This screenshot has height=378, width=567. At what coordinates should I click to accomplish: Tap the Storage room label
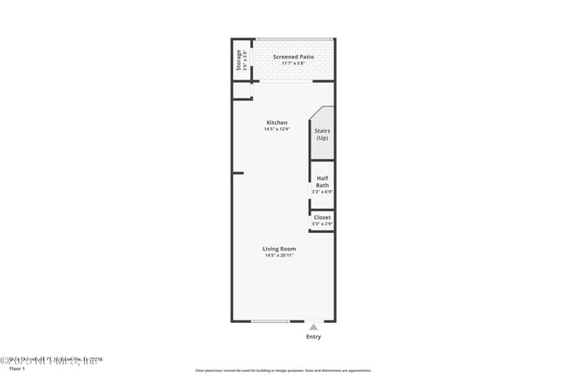pos(238,60)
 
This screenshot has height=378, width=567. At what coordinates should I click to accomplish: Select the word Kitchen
pos(277,122)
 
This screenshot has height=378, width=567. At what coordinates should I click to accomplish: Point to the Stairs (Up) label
pos(322,134)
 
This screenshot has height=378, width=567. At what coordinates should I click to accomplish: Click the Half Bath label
pos(322,181)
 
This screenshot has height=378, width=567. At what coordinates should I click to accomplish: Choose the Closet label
pos(322,217)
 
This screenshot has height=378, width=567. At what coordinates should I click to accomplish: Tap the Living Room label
pos(279,249)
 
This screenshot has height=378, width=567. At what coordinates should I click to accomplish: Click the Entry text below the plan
pos(313,336)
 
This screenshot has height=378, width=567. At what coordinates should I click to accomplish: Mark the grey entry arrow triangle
pos(313,326)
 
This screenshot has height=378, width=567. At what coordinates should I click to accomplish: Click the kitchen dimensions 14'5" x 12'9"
pos(277,129)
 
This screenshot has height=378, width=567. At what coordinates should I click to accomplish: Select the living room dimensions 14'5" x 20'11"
pos(279,256)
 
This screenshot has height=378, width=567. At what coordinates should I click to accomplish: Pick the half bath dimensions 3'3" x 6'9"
pos(322,192)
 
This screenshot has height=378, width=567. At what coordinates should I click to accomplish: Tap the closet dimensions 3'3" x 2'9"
pos(322,224)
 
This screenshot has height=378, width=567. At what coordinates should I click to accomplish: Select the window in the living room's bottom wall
pos(271,321)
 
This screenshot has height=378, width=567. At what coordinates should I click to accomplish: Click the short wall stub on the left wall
pos(237,173)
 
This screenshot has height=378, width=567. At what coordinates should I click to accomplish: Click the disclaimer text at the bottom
pos(283,371)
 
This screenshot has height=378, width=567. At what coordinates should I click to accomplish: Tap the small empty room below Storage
pos(241,91)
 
